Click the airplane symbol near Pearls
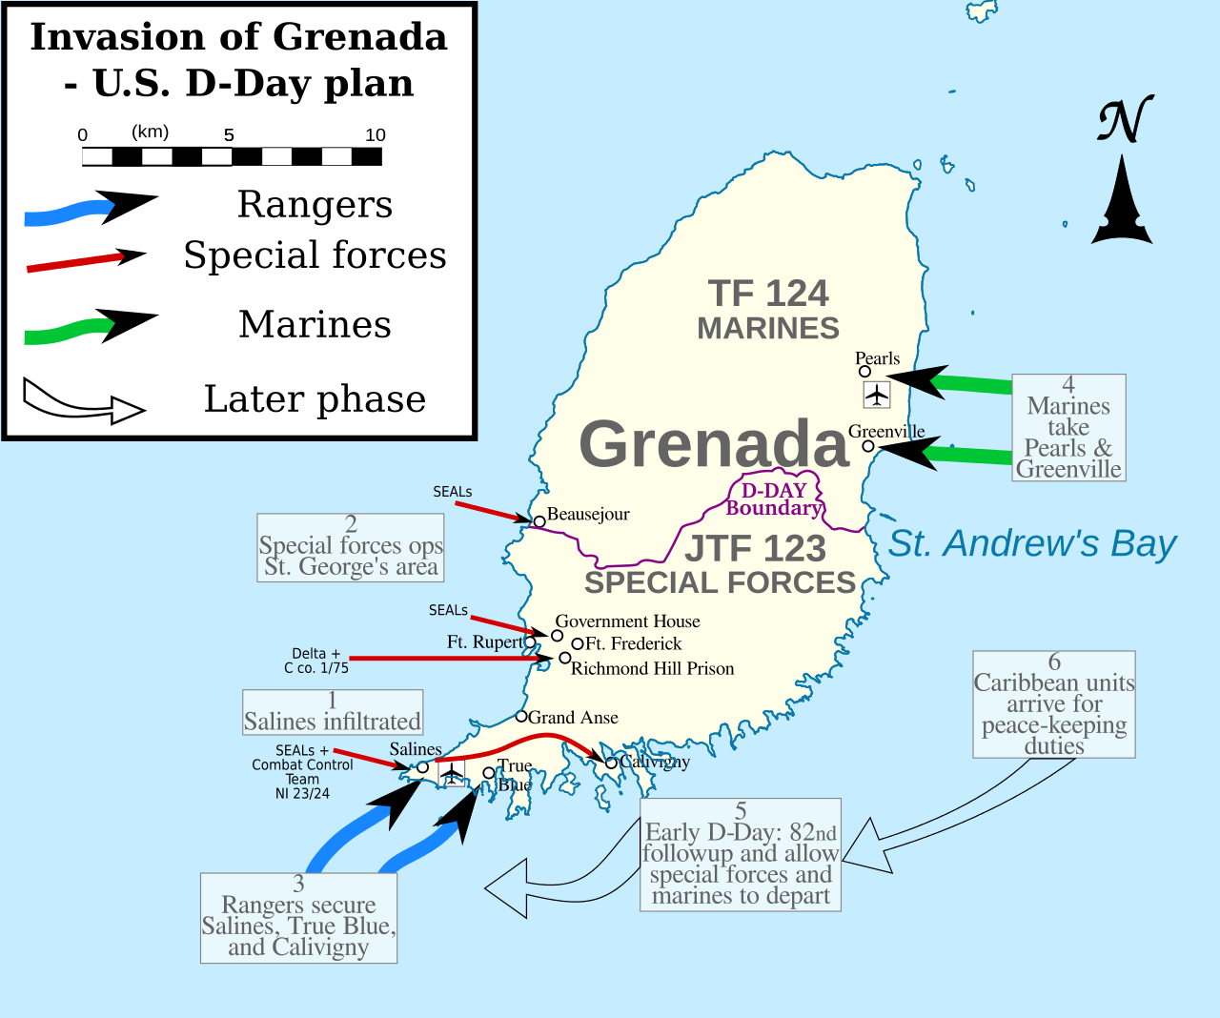[876, 394]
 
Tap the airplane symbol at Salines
[452, 773]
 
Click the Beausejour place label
[588, 515]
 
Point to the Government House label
[627, 621]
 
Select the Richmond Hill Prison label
[652, 669]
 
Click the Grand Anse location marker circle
[521, 716]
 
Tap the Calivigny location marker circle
[611, 763]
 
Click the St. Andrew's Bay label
[1032, 543]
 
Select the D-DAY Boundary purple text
[773, 499]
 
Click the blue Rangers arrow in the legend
[91, 209]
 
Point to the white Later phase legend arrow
[83, 400]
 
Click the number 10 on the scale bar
[376, 135]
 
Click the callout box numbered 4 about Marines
[1068, 428]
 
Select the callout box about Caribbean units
[1054, 704]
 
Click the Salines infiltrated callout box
[332, 712]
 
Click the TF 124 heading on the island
[768, 294]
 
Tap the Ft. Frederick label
[633, 644]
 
